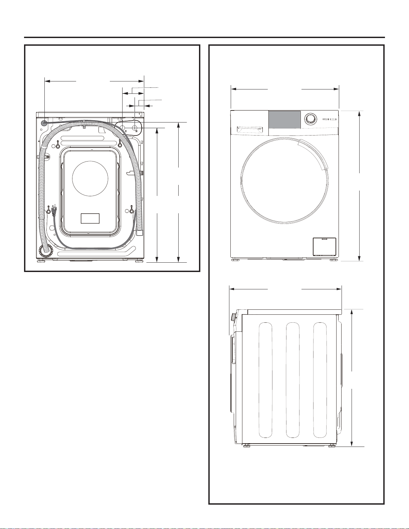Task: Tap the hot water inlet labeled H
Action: point(135,127)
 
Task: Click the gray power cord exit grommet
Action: point(44,123)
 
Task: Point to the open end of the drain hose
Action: point(140,232)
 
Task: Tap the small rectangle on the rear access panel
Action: point(90,218)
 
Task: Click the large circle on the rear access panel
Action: point(90,178)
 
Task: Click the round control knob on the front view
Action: point(311,118)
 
